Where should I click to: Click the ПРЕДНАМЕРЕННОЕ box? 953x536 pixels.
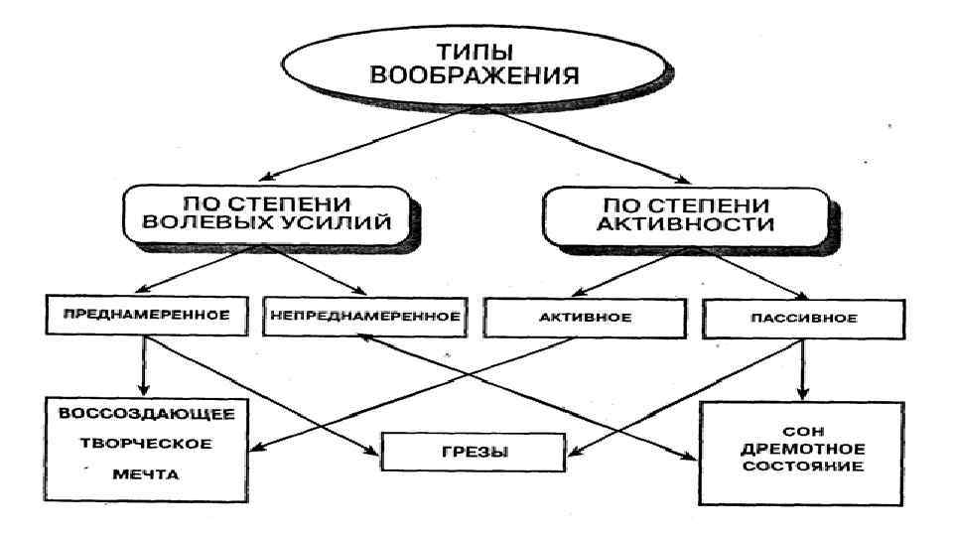click(146, 317)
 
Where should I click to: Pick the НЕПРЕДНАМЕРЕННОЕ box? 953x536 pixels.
click(363, 318)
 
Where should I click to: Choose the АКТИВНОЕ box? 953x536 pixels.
click(574, 318)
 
